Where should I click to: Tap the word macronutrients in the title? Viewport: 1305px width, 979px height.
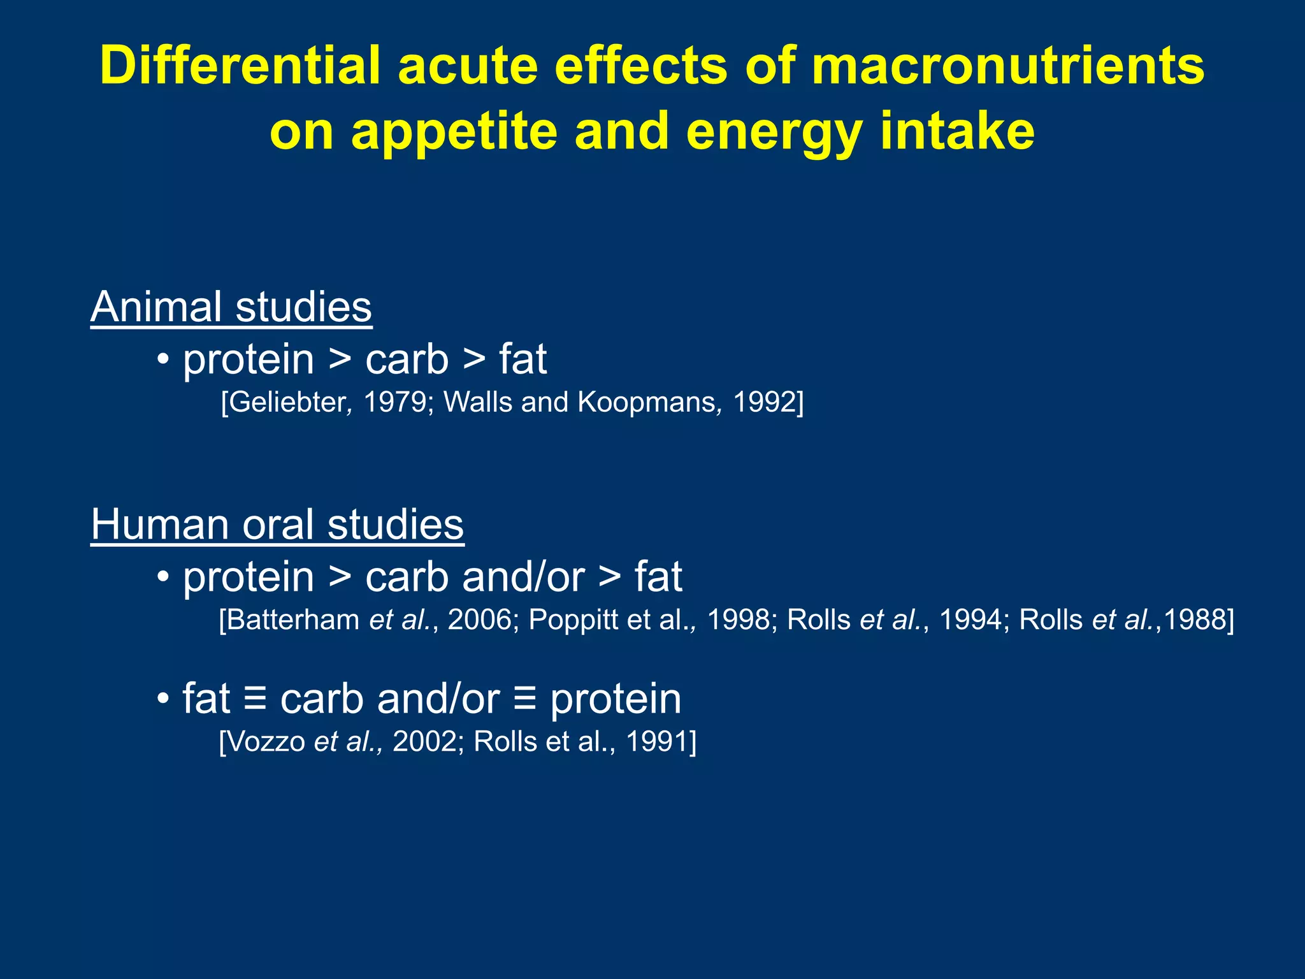1007,66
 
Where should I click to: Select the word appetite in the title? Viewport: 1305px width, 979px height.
453,133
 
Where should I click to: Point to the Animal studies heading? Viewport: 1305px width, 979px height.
231,307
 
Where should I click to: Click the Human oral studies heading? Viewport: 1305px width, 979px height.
277,525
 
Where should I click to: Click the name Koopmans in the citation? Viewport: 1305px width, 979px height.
646,402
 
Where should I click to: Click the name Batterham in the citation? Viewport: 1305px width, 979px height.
292,620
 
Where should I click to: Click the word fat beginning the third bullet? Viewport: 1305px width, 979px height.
206,699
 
